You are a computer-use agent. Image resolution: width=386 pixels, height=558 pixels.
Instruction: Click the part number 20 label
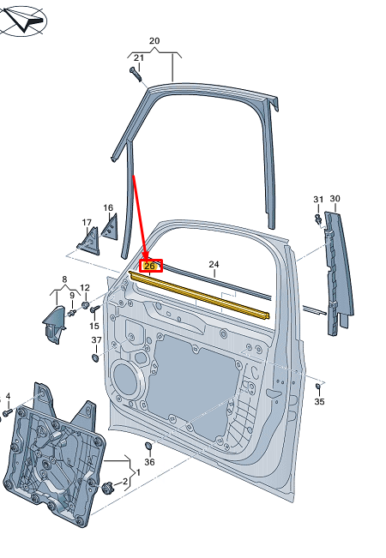pos(154,41)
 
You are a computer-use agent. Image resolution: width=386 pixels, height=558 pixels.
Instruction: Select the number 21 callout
pos(139,57)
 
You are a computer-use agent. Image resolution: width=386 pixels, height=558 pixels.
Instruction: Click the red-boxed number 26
pos(150,266)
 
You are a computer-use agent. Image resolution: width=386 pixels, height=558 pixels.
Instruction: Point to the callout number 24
pos(214,264)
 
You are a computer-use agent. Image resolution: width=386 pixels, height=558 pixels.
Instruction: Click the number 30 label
pos(335,199)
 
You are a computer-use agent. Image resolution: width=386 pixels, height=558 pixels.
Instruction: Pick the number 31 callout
pos(318,200)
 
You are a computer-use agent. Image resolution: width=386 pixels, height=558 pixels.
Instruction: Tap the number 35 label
pos(319,400)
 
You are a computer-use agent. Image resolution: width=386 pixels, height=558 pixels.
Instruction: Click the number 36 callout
pos(149,462)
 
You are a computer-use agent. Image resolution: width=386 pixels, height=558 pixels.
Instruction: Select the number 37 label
pos(97,340)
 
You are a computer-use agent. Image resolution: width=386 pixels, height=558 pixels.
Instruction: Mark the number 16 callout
pos(108,207)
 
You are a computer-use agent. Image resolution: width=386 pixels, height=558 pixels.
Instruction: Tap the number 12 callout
pos(84,288)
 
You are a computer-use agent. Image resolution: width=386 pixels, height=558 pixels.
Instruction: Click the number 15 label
pos(94,326)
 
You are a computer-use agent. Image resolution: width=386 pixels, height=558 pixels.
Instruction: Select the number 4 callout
pos(8,397)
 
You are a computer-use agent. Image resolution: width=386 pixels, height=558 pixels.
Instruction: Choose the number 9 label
pos(72,296)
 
